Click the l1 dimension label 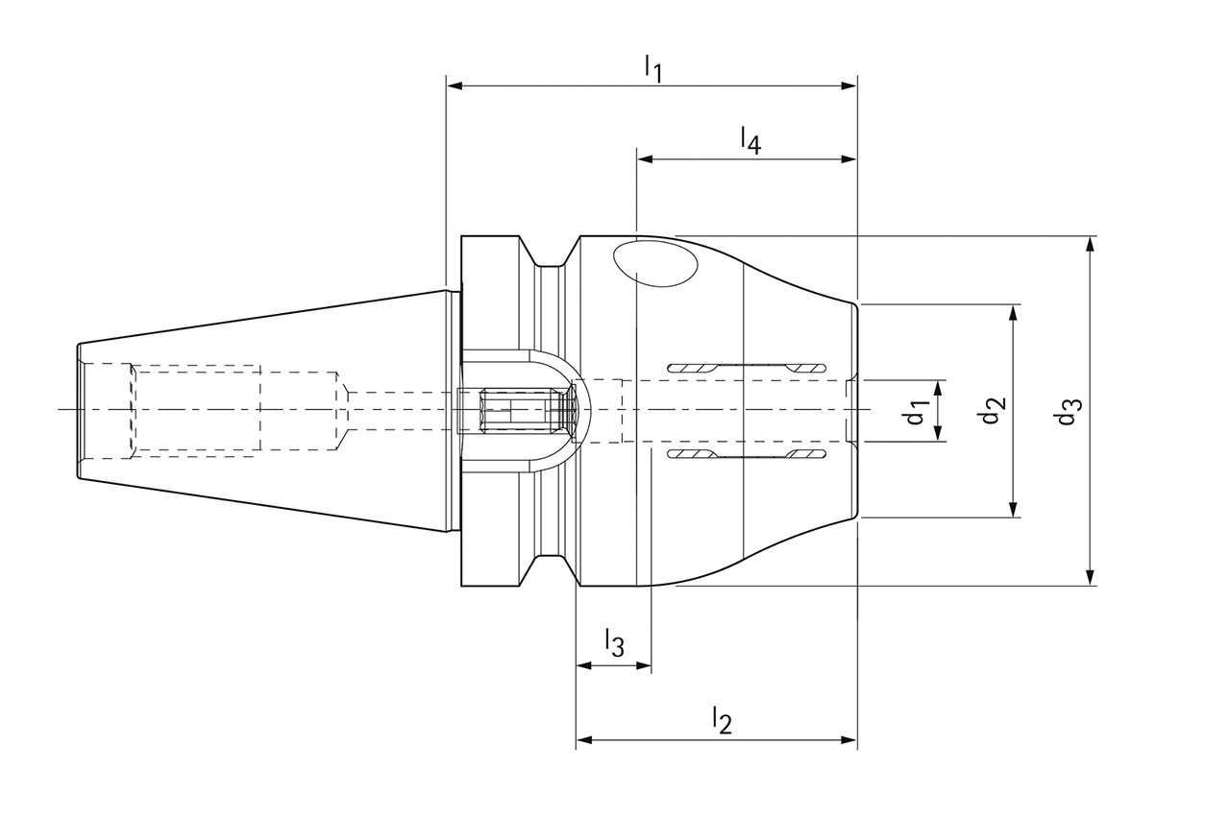(x=653, y=68)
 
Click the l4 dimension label (x=750, y=140)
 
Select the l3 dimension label (x=614, y=643)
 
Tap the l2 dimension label (x=722, y=719)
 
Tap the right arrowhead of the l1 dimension (x=849, y=86)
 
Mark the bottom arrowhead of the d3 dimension (x=1090, y=577)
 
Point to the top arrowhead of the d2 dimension (x=1013, y=313)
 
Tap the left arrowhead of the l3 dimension (x=583, y=665)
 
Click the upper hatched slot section (x=746, y=368)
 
